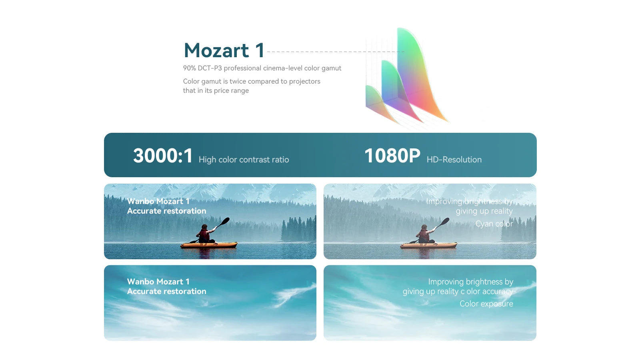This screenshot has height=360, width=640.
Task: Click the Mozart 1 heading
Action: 224,51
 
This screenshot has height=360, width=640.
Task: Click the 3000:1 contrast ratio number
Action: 163,156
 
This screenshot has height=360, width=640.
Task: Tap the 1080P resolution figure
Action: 392,156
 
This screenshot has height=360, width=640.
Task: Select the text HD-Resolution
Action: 454,160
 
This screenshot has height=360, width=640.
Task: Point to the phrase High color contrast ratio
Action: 244,160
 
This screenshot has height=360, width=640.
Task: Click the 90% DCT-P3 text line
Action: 262,68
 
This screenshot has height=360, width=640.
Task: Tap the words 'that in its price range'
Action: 216,90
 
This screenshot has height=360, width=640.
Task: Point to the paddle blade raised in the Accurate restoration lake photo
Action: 226,220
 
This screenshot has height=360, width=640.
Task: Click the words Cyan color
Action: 494,224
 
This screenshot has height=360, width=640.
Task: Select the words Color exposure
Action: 486,304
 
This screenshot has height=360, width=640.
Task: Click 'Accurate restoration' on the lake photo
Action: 166,211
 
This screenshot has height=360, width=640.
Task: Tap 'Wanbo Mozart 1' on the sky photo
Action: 158,282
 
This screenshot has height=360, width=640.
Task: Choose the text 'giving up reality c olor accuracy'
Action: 458,292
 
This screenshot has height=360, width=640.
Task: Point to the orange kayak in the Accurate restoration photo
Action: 209,245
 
